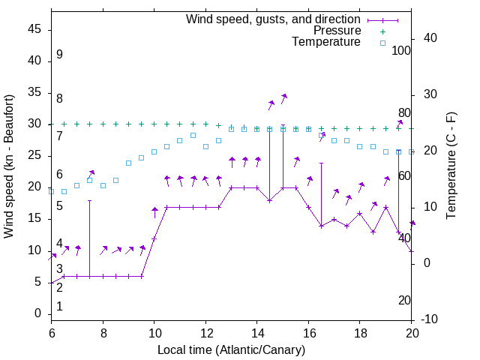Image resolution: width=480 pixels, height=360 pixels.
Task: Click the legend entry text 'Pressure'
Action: tap(337, 31)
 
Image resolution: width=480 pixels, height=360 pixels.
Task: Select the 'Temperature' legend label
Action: tap(326, 42)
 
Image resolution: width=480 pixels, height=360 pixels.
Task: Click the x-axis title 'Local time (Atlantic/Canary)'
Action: tap(231, 349)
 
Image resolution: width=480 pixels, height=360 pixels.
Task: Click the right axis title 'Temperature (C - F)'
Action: tap(451, 166)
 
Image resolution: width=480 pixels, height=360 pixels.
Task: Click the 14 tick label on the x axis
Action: tap(256, 333)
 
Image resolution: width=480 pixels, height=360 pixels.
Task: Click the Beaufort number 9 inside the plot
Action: tap(59, 55)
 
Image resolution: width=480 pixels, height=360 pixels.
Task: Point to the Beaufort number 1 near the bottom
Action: tap(59, 307)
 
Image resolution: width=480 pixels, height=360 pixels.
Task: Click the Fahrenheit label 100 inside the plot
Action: tap(401, 50)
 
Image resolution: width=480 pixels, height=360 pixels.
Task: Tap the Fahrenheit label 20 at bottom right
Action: tap(404, 301)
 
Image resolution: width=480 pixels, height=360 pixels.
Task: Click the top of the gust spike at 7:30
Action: tap(89, 200)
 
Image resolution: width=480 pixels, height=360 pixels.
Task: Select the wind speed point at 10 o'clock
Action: tap(154, 238)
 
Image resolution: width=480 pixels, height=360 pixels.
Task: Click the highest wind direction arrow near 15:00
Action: tap(283, 97)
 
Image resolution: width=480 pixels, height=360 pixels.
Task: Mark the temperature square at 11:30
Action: tap(193, 135)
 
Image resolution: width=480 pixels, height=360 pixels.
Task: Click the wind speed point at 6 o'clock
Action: tap(51, 283)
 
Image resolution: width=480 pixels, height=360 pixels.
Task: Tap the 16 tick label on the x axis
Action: tap(308, 333)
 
